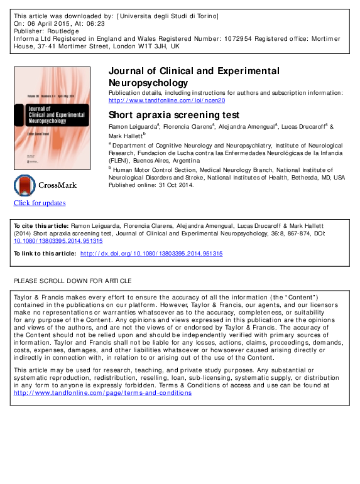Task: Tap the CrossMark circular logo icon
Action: click(25, 186)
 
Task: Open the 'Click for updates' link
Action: click(40, 203)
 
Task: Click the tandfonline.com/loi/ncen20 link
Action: click(166, 100)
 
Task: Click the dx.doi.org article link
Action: click(151, 254)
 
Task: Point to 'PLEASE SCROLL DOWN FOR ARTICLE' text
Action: click(73, 280)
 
